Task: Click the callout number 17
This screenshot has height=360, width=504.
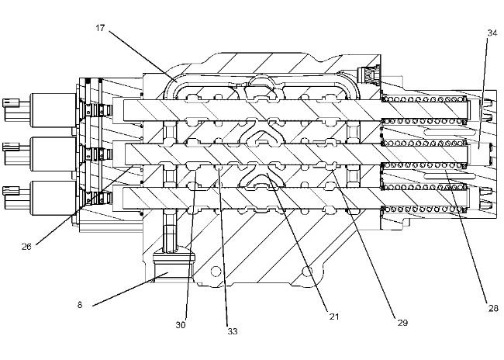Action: point(100,28)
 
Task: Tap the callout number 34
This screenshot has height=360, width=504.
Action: point(492,33)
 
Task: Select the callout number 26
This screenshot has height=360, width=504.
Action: point(26,247)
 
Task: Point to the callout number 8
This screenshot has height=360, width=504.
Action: point(80,305)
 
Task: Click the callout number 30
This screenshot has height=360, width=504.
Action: point(181,325)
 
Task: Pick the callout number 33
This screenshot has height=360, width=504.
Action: point(233,331)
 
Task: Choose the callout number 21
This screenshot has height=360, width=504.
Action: point(334,317)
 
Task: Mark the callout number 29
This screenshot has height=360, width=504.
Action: point(402,322)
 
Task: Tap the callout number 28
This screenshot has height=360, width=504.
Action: point(493,309)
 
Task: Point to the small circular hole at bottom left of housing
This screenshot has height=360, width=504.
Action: point(216,271)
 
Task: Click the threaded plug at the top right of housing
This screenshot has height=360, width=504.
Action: point(369,76)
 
